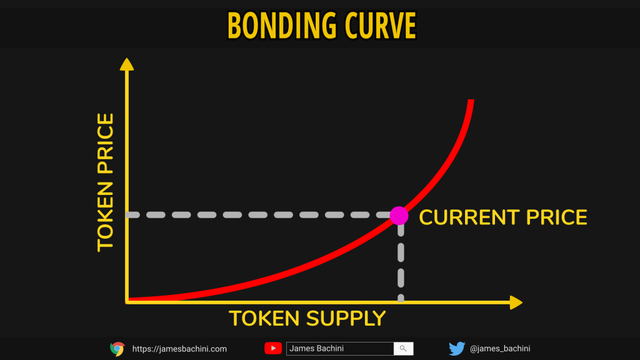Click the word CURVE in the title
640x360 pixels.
[381, 26]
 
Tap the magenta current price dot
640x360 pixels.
[399, 216]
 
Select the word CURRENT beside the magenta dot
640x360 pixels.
[469, 217]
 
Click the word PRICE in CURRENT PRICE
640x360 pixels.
[556, 217]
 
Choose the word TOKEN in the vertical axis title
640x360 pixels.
[105, 217]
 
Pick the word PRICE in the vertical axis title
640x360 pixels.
[105, 144]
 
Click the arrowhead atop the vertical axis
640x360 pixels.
[127, 64]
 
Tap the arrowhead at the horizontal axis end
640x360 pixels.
[516, 302]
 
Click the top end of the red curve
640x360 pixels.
[471, 100]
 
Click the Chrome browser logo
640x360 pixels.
[117, 349]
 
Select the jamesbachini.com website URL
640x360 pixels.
[179, 349]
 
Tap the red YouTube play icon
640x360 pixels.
[273, 348]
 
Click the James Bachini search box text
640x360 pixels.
[316, 348]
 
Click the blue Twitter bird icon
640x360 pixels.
[457, 349]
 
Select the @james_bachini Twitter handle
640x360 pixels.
[500, 349]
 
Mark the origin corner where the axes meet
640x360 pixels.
[127, 302]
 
